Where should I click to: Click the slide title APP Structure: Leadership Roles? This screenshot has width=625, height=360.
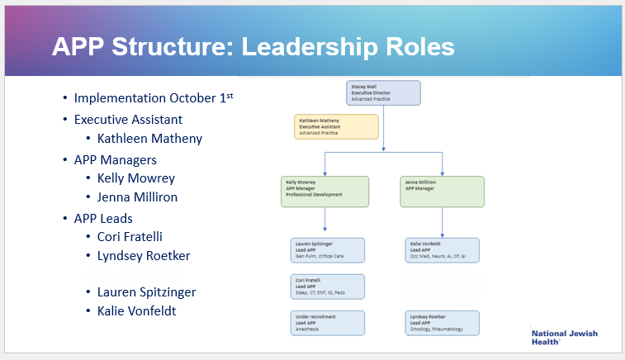click(253, 46)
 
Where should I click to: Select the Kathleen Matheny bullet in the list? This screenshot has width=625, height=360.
click(149, 139)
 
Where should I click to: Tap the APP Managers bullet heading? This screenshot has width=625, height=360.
click(115, 159)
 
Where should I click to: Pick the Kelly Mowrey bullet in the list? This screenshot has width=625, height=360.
click(135, 178)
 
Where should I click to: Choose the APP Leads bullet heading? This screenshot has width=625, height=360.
click(102, 218)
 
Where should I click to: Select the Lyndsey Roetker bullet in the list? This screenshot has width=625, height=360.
click(144, 256)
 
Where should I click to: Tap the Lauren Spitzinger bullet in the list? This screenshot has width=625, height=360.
click(146, 291)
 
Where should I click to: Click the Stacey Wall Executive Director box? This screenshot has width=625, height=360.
click(384, 92)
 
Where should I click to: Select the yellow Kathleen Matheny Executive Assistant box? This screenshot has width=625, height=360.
click(337, 126)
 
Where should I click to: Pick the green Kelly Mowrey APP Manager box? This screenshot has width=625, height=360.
click(324, 192)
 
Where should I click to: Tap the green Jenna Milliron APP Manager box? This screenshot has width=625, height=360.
click(443, 192)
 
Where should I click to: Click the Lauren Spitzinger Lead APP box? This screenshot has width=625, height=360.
click(329, 250)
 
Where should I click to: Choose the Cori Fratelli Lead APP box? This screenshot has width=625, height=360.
click(329, 287)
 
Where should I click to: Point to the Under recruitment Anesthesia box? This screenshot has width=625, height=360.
click(329, 323)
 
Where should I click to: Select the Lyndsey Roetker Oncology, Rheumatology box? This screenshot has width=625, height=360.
click(443, 323)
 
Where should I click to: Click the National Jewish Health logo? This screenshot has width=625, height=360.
click(565, 337)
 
